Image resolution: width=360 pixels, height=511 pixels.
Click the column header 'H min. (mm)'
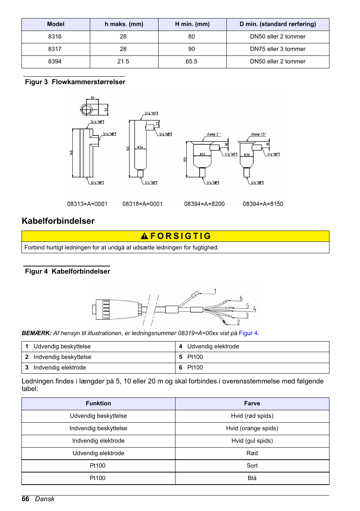pyautogui.click(x=192, y=24)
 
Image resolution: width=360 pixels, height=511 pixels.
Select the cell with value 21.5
pyautogui.click(x=123, y=62)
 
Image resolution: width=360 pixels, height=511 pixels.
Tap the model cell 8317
pyautogui.click(x=55, y=49)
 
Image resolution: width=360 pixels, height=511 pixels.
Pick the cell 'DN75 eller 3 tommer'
pyautogui.click(x=277, y=49)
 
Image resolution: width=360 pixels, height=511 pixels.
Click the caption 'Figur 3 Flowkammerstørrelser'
pyautogui.click(x=75, y=82)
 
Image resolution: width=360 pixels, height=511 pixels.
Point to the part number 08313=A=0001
pyautogui.click(x=87, y=204)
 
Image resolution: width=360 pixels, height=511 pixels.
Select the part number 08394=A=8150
pyautogui.click(x=263, y=204)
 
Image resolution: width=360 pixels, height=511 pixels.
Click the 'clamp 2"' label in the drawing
pyautogui.click(x=214, y=134)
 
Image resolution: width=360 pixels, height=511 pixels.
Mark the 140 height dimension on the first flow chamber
pyautogui.click(x=71, y=153)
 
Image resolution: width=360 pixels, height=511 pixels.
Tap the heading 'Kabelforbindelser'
pyautogui.click(x=58, y=221)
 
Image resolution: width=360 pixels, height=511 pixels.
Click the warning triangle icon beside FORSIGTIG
pyautogui.click(x=144, y=236)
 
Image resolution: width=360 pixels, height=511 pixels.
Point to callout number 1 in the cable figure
pyautogui.click(x=215, y=291)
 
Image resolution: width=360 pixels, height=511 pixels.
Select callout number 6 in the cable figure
pyautogui.click(x=241, y=298)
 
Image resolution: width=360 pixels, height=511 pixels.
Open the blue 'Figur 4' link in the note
pyautogui.click(x=248, y=333)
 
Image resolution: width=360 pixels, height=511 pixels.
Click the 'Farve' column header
pyautogui.click(x=252, y=403)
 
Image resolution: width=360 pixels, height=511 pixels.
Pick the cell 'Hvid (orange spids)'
pyautogui.click(x=252, y=428)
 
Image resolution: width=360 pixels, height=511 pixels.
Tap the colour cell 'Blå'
pyautogui.click(x=252, y=478)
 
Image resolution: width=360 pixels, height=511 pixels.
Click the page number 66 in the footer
pyautogui.click(x=25, y=499)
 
